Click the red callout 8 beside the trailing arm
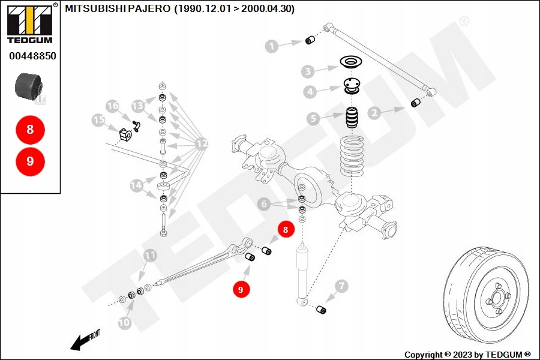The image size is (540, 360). tap(286, 229)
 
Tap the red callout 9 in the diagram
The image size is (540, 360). tap(241, 289)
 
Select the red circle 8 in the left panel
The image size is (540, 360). tap(30, 129)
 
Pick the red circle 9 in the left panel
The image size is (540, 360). tap(30, 161)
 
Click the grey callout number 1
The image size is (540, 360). tap(272, 46)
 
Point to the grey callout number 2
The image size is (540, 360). tap(374, 112)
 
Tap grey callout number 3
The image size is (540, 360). tap(308, 72)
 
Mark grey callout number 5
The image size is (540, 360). tap(313, 118)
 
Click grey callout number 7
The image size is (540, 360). tap(341, 286)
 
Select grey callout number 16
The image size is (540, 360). tap(113, 106)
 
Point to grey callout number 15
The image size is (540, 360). tap(99, 121)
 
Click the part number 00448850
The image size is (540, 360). tap(32, 56)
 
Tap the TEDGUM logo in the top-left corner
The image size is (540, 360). tap(29, 23)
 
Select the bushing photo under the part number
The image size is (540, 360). tap(29, 88)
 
